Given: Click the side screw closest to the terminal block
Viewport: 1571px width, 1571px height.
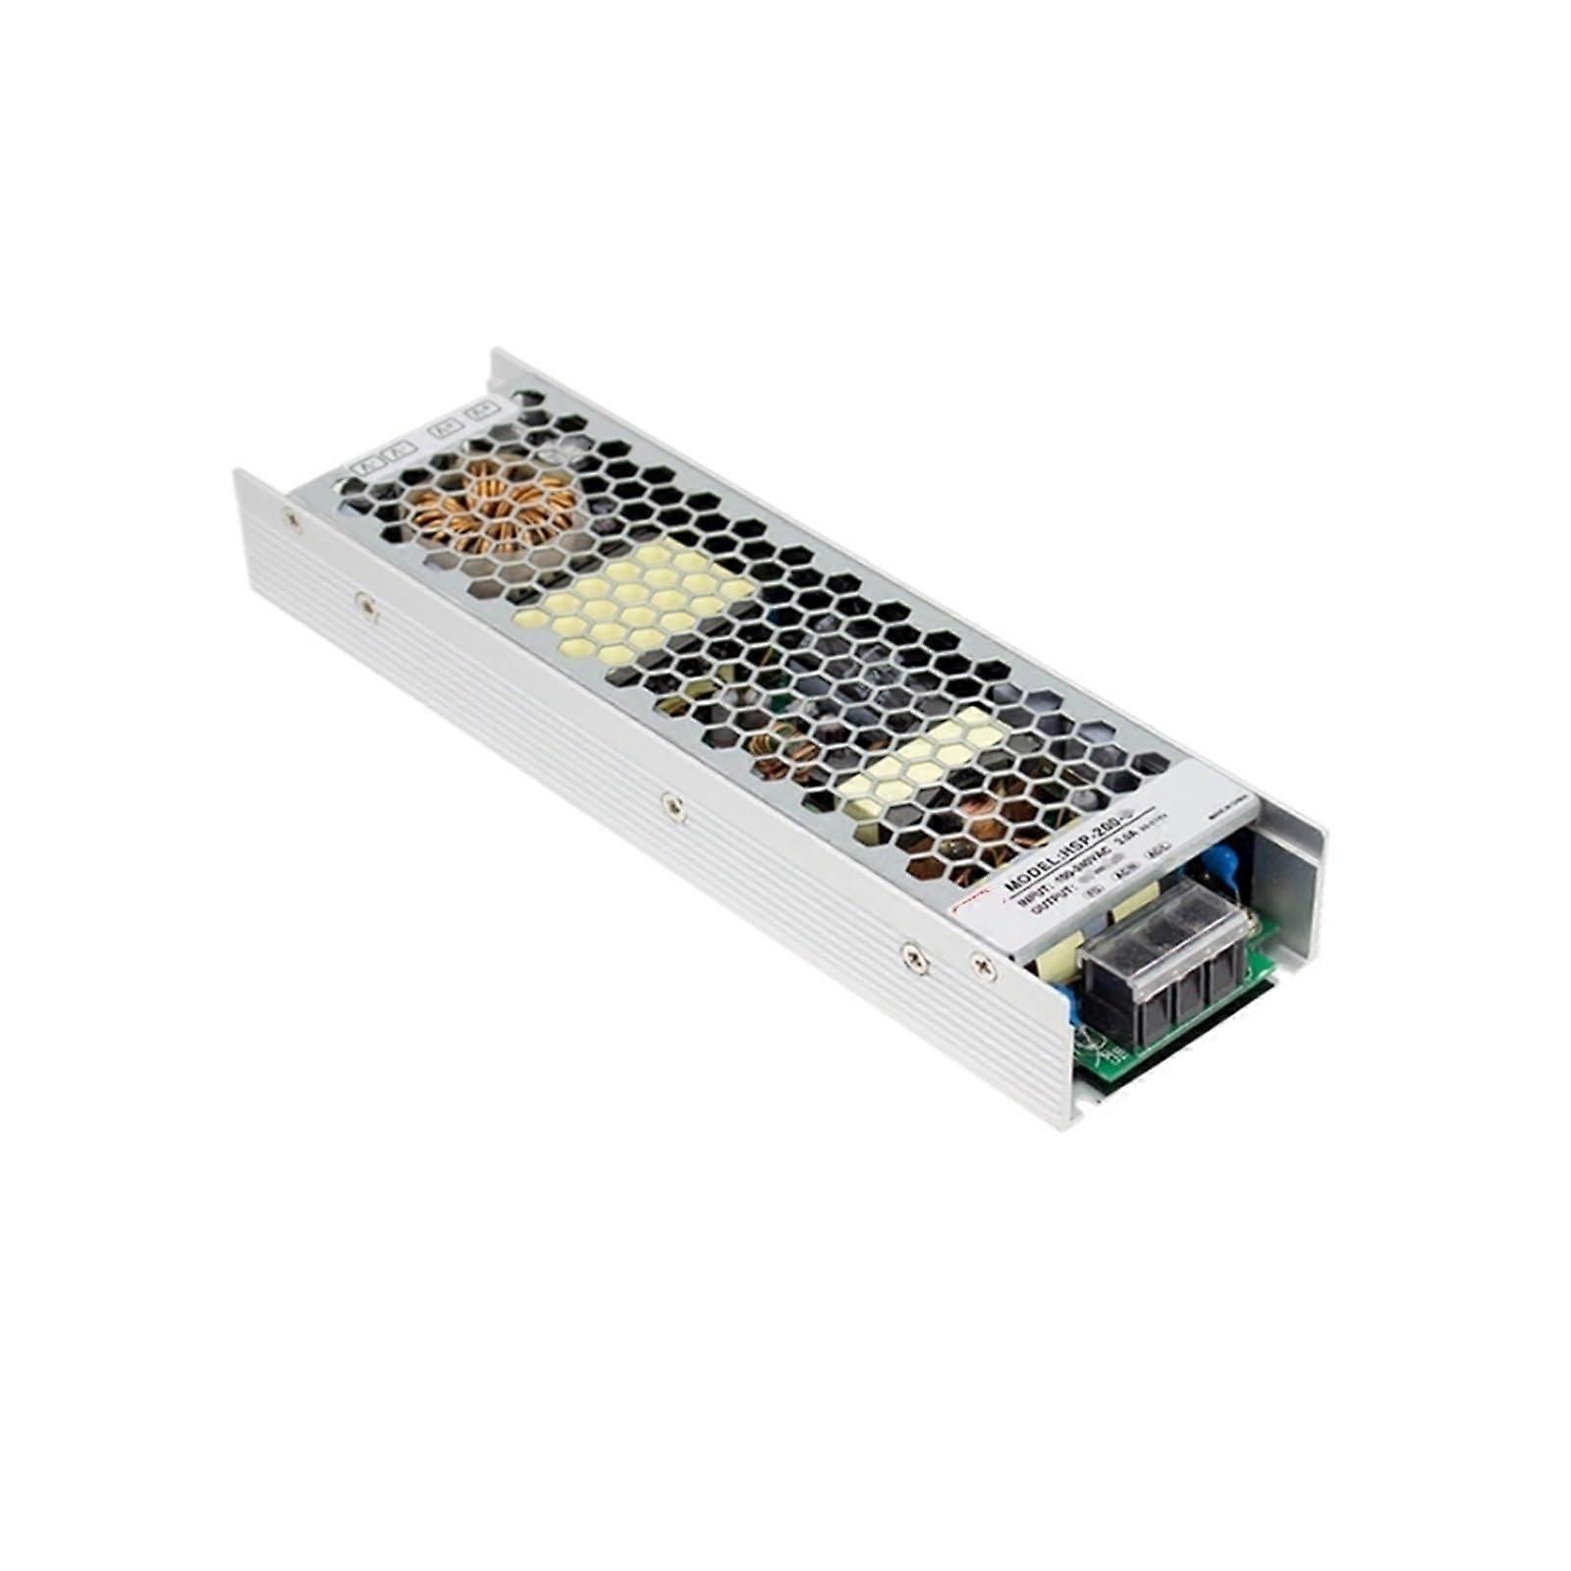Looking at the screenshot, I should pos(983,967).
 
